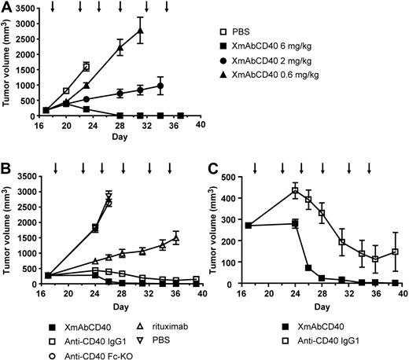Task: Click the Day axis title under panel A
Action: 118,138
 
